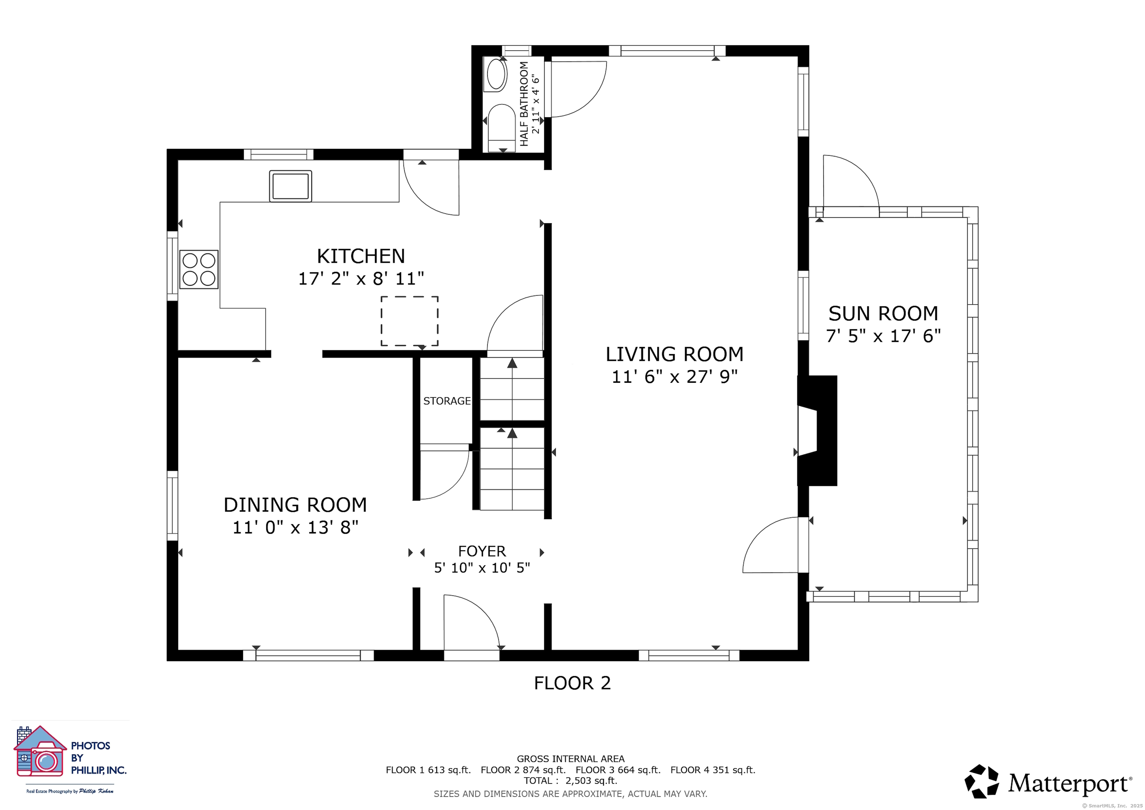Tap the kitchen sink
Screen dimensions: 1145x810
tap(290, 186)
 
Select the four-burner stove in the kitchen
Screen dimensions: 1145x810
tap(199, 270)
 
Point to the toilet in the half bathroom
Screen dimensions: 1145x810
tap(501, 128)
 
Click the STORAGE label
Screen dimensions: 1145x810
tap(447, 401)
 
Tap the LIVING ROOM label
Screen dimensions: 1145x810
tap(674, 354)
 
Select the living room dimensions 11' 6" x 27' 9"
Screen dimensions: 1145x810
tap(674, 376)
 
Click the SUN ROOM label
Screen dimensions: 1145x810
tap(883, 314)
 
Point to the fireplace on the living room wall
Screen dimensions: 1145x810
tap(817, 431)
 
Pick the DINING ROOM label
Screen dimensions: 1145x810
tap(295, 505)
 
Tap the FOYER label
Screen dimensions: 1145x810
tap(482, 551)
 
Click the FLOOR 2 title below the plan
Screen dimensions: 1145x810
tap(572, 683)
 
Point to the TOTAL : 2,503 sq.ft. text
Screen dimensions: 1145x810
tap(571, 781)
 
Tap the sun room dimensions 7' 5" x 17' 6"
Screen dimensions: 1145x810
tap(883, 336)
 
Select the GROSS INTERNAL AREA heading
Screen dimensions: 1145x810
tap(571, 759)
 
